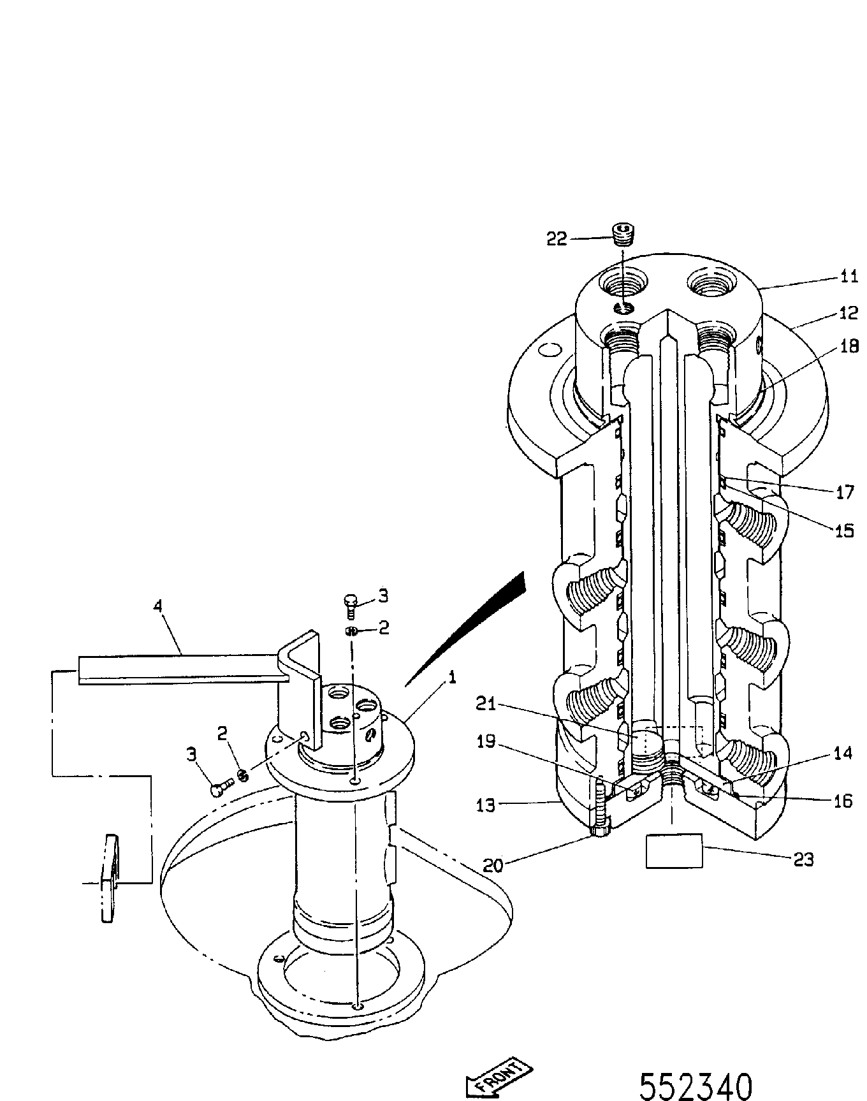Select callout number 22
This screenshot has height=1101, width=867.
(557, 238)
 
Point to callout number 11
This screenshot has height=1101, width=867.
(849, 276)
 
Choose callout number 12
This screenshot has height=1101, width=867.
(849, 313)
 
